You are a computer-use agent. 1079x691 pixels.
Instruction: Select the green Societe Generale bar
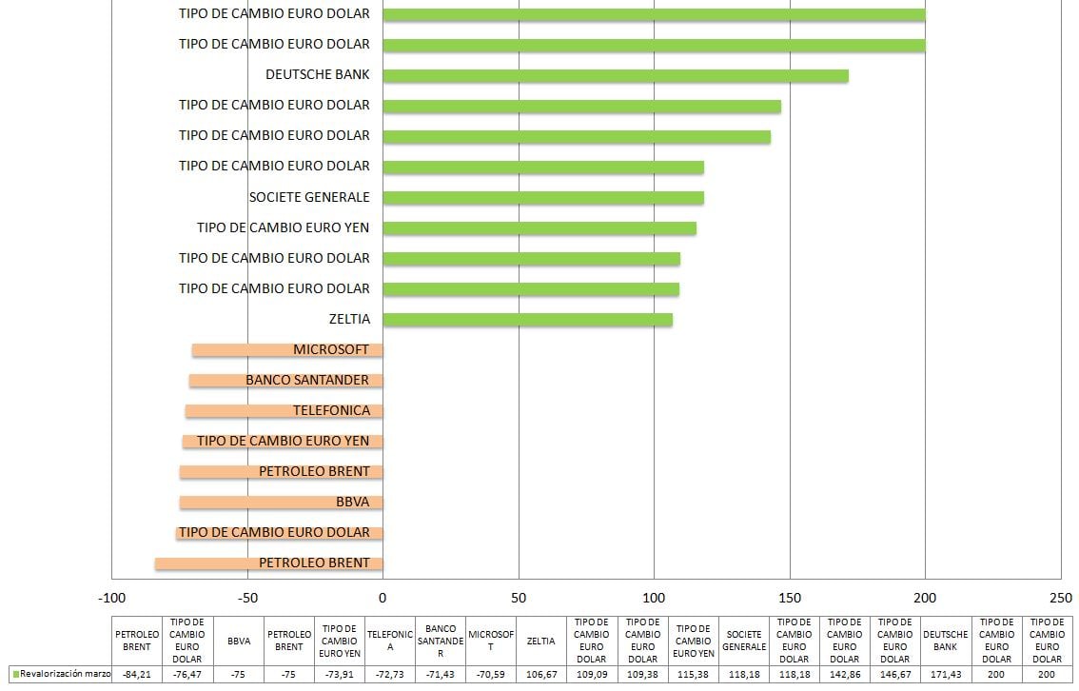(542, 197)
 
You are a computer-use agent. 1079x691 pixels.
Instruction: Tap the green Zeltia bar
(527, 319)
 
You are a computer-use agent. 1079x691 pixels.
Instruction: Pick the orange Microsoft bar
(238, 349)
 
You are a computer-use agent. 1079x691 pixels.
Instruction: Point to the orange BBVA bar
(257, 503)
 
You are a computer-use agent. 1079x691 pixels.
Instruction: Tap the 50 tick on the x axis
(519, 598)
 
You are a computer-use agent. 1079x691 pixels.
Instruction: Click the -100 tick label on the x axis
(111, 598)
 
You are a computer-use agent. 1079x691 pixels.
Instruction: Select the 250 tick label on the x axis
(1060, 598)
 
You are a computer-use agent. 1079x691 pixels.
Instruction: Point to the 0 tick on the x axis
(383, 598)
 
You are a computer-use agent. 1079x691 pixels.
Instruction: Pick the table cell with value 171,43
(945, 674)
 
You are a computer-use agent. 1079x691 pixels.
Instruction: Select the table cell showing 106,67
(541, 674)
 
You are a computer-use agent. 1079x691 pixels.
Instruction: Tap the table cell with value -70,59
(491, 674)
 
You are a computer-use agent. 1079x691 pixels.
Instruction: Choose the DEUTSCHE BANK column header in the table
(945, 641)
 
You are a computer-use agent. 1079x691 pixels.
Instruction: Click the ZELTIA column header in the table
(541, 641)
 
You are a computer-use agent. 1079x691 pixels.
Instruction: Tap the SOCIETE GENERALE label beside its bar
(308, 197)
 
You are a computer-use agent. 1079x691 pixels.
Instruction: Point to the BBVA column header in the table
(239, 641)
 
